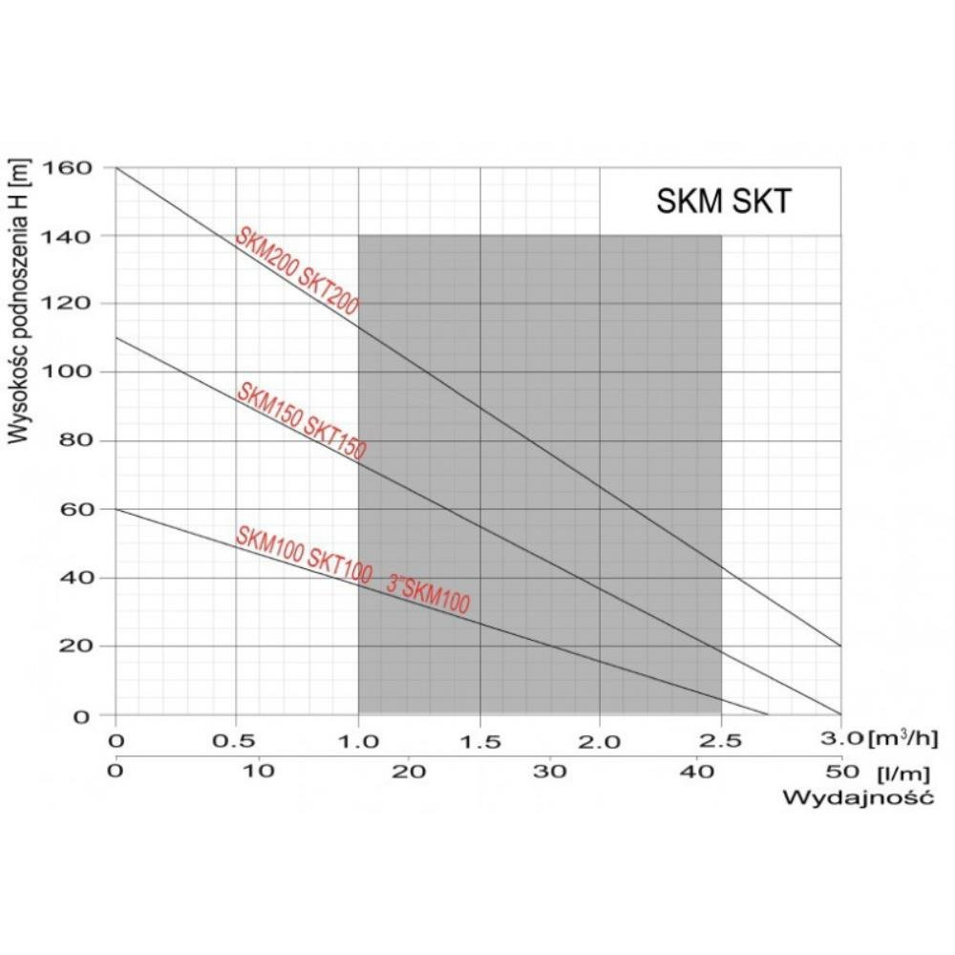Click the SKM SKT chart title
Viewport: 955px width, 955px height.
click(x=724, y=202)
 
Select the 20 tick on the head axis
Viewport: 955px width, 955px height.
click(x=78, y=647)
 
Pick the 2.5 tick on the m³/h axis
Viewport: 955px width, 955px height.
click(x=720, y=741)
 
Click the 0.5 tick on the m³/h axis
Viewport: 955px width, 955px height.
click(x=236, y=741)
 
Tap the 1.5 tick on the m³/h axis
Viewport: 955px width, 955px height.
click(x=478, y=741)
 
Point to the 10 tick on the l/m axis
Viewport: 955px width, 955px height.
click(x=261, y=770)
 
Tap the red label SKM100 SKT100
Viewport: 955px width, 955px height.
click(x=304, y=554)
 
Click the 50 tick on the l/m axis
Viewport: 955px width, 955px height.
click(x=840, y=770)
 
